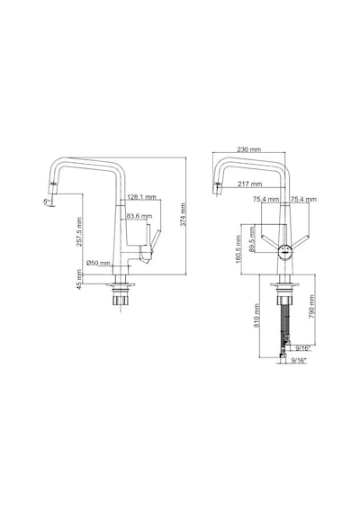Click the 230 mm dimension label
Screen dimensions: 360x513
coord(249,149)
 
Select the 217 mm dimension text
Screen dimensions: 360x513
coord(249,184)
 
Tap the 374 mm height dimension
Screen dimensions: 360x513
coord(183,214)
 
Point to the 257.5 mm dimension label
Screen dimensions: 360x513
coord(79,232)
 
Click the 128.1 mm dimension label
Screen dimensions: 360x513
coord(141,197)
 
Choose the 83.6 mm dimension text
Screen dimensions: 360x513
coord(139,216)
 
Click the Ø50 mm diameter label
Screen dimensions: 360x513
coord(98,263)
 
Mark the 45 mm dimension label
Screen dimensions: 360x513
coord(79,279)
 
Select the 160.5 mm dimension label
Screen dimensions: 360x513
coord(238,249)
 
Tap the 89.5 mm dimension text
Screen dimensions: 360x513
coord(252,239)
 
